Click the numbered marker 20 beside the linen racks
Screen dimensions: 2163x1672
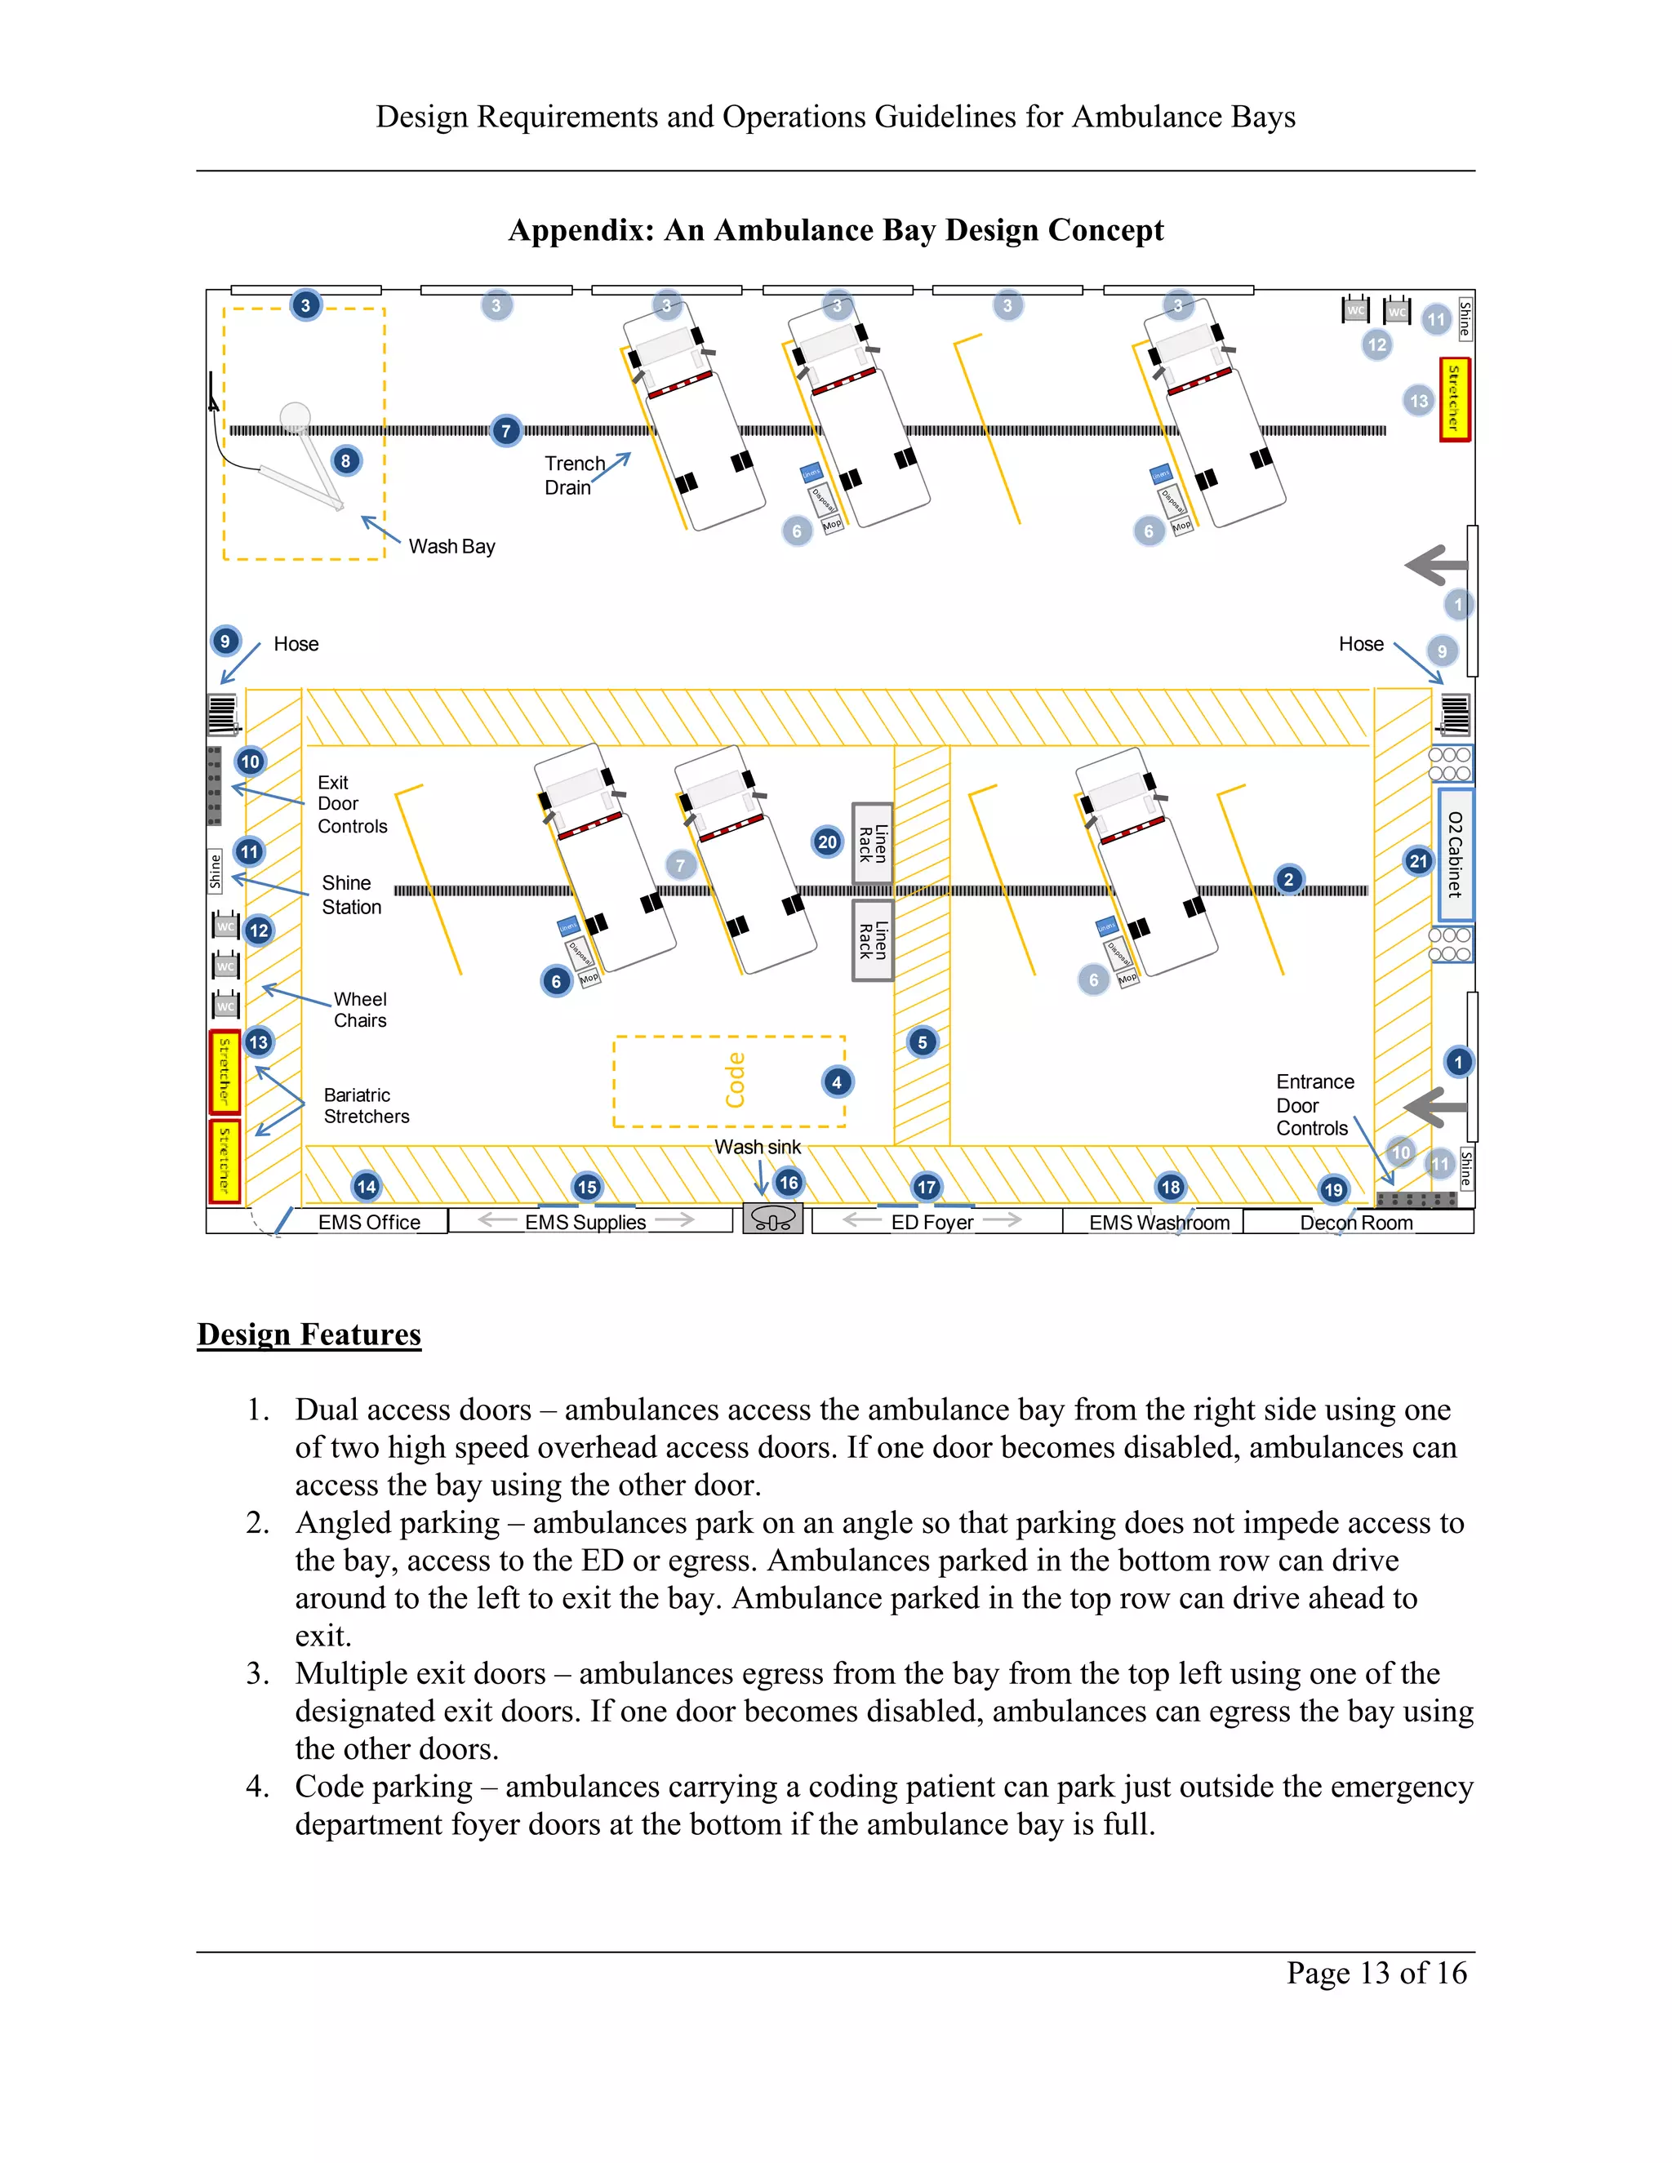pyautogui.click(x=827, y=842)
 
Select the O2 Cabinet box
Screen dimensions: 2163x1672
pyautogui.click(x=1454, y=854)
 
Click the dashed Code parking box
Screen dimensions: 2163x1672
pyautogui.click(x=729, y=1081)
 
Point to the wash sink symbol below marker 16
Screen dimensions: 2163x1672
pyautogui.click(x=772, y=1218)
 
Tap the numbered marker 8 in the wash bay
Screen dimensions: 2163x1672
pyautogui.click(x=345, y=460)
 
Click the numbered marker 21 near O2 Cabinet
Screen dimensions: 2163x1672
pyautogui.click(x=1418, y=860)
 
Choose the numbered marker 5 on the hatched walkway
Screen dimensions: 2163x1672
pyautogui.click(x=923, y=1042)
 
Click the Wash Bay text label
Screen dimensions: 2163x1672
pyautogui.click(x=451, y=546)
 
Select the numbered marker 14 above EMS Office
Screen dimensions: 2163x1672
pyautogui.click(x=367, y=1187)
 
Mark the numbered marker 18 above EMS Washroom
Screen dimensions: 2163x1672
pyautogui.click(x=1170, y=1187)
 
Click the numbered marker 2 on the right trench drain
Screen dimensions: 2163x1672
pyautogui.click(x=1287, y=878)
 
